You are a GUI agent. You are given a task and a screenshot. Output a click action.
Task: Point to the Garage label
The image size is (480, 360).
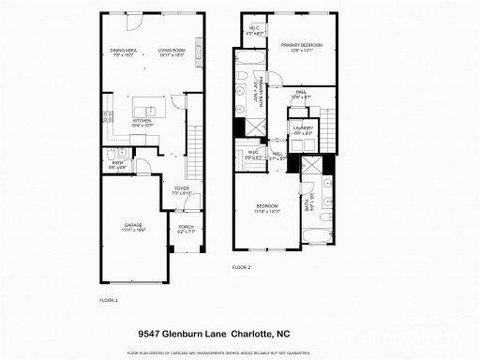click(x=133, y=226)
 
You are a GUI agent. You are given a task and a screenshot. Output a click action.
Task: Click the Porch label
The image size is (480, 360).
click(x=183, y=228)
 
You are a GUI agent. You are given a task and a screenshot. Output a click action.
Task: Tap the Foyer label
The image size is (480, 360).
click(x=181, y=191)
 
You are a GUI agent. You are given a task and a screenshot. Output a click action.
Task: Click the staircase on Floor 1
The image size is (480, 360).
click(x=194, y=154)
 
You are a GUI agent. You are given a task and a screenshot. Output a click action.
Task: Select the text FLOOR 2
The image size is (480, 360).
click(x=242, y=267)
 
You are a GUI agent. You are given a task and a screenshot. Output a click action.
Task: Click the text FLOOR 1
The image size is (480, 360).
click(x=109, y=300)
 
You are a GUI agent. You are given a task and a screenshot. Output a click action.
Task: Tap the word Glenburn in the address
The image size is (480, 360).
click(x=195, y=332)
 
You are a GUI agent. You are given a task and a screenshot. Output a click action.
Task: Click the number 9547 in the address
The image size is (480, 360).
click(x=151, y=332)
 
